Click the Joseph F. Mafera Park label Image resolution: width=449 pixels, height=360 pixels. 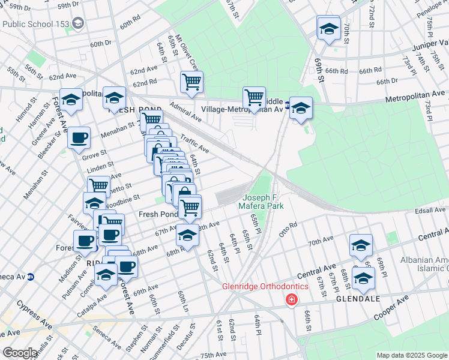coord(263,202)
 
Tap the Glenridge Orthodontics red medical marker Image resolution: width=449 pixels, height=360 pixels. coord(291,299)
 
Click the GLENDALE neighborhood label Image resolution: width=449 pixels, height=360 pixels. coord(355,298)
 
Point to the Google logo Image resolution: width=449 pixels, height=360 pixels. coord(20,353)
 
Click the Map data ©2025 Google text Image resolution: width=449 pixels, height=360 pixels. coord(411,355)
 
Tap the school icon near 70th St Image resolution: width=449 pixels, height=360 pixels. coord(328,28)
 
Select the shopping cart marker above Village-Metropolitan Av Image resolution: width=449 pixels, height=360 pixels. coord(255,97)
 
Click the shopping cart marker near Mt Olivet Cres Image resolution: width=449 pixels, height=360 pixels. coord(191,81)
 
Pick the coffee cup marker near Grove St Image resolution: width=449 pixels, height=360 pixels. coord(79,139)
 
